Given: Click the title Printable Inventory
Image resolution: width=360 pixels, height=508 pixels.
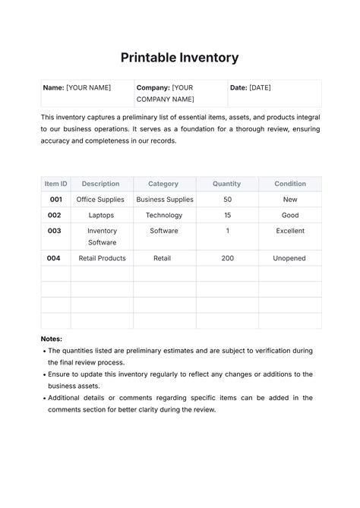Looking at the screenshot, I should (180, 57).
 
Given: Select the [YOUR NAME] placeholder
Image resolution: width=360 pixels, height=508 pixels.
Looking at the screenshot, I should (88, 87).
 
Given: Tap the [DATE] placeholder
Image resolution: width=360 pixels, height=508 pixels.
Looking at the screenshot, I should (260, 87).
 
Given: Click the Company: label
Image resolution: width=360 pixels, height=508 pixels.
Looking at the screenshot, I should (153, 87).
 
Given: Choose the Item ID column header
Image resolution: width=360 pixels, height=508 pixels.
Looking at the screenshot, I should (55, 184).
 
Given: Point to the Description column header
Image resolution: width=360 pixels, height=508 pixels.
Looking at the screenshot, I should (100, 184).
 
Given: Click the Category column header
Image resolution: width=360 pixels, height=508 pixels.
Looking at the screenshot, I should (163, 184).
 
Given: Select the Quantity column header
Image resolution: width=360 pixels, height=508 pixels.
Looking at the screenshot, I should (226, 184).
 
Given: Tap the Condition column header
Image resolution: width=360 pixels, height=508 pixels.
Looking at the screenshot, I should (289, 184).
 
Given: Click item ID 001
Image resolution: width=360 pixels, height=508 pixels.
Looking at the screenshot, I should (55, 200).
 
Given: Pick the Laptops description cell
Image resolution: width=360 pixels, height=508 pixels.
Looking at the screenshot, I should (100, 216).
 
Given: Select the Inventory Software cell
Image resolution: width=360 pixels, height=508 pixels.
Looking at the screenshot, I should (102, 236).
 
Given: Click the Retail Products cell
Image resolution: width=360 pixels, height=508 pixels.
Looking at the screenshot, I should (102, 258).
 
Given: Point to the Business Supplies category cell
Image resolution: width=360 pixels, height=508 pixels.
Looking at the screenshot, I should (165, 200).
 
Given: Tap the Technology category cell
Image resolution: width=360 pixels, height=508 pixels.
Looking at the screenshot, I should (164, 216).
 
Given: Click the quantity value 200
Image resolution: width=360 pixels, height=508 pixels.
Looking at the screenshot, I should (227, 258).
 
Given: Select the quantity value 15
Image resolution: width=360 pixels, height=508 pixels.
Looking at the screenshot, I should (227, 216).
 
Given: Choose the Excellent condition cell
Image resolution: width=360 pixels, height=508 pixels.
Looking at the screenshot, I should (289, 231).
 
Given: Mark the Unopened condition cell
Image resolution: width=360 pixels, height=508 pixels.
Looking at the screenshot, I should (289, 258).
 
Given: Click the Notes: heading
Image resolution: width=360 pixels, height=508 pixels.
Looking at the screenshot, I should (52, 339).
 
